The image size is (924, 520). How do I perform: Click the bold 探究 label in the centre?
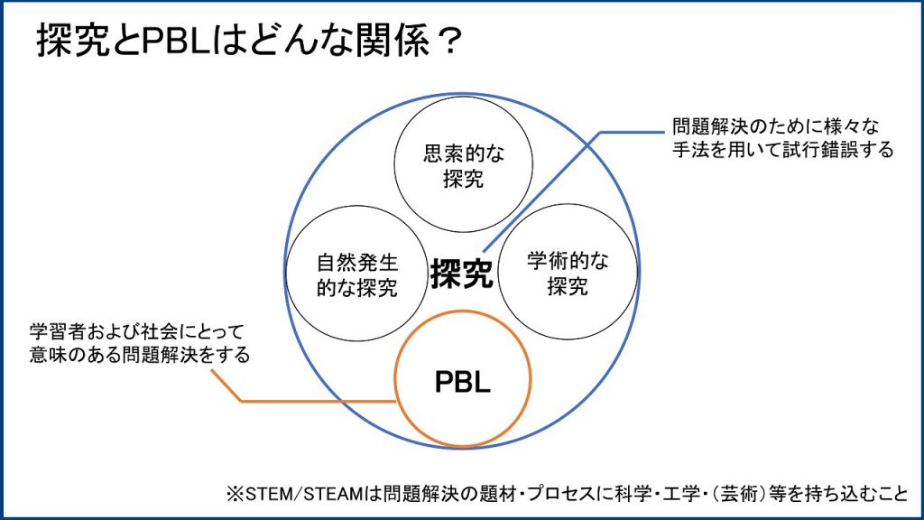click(462, 274)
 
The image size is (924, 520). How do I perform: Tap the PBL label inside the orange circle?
click(463, 382)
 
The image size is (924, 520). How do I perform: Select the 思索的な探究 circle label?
click(464, 166)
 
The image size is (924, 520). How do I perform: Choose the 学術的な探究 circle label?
click(568, 274)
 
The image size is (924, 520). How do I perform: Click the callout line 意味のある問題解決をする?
click(138, 355)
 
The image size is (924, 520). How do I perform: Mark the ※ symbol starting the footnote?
click(233, 495)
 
